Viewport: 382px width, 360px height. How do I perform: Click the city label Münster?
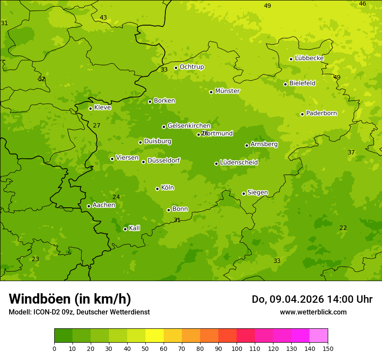point(227,91)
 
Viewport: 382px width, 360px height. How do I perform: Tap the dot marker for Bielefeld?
point(285,84)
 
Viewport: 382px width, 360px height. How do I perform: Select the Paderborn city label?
point(321,113)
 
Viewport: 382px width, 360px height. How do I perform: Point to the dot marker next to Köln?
point(157,189)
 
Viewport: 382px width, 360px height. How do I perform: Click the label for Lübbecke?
point(309,58)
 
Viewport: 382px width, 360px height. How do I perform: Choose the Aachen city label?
point(104,205)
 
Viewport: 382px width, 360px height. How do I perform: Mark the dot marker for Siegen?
point(244,193)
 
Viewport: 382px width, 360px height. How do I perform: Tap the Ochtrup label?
point(191,67)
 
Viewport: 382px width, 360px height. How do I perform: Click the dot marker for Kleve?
point(90,108)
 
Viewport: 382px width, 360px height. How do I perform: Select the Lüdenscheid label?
point(239,163)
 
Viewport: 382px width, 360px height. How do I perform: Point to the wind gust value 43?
point(103,18)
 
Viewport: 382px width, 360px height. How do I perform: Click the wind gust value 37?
point(351,152)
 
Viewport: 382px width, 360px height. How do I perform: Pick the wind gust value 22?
point(343,228)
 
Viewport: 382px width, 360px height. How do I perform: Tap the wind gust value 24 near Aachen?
point(116,197)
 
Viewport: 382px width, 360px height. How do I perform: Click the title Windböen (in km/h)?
point(70,299)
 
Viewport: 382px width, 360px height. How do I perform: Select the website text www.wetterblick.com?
point(313,312)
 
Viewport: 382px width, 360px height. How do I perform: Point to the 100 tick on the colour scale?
point(237,348)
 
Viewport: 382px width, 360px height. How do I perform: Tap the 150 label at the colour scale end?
point(328,348)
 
